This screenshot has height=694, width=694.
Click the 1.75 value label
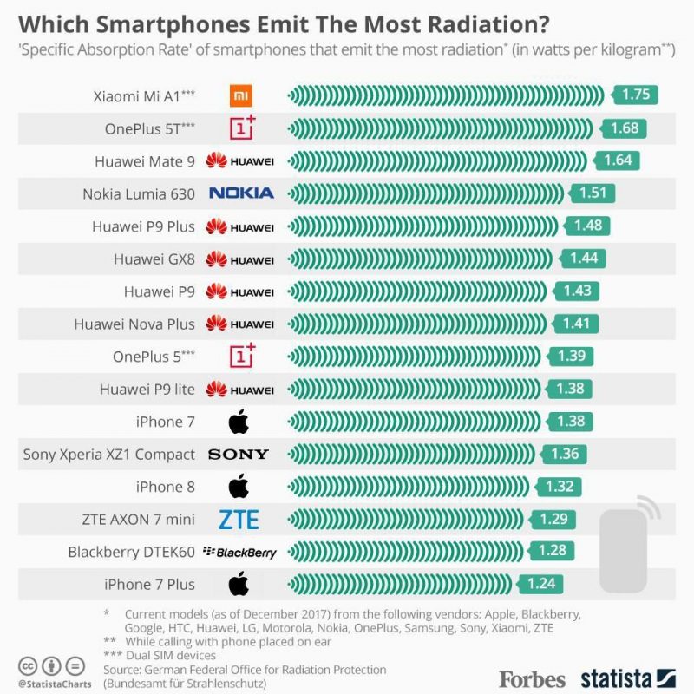pos(636,95)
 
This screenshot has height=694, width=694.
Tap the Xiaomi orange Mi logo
pos(240,95)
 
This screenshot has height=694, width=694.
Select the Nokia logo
pos(240,193)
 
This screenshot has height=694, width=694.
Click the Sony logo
pos(239,454)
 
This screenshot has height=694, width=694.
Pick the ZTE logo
pos(239,520)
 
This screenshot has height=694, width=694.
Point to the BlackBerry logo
pos(239,552)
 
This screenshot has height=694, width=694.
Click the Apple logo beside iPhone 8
pos(239,487)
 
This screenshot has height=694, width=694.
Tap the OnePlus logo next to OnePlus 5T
pos(242,128)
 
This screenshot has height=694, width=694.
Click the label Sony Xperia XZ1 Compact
pos(108,454)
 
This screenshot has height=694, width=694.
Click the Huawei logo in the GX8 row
pos(239,259)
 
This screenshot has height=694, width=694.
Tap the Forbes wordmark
pos(532,678)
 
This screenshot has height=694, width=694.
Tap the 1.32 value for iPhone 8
pos(560,487)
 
